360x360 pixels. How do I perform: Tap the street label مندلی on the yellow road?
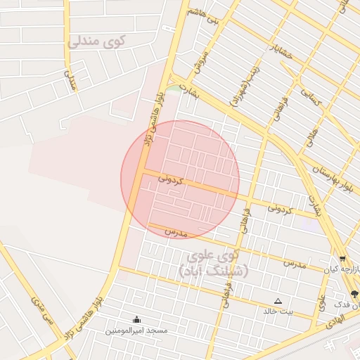point(70,79)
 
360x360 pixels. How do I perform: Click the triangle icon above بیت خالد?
point(278,300)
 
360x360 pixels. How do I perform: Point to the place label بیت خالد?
point(278,311)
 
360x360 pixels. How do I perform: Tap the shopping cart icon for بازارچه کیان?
point(342,259)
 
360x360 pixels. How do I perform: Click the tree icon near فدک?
point(354,294)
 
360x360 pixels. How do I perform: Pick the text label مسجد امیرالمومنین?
point(136,330)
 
